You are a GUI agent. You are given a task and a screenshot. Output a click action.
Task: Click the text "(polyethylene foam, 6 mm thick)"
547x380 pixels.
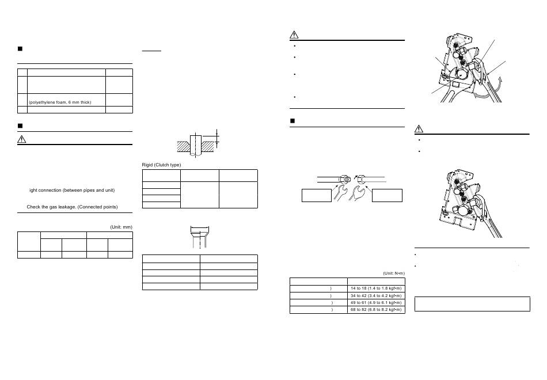click(x=60, y=102)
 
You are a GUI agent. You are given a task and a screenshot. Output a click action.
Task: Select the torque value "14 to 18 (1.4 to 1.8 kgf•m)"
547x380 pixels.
click(x=376, y=288)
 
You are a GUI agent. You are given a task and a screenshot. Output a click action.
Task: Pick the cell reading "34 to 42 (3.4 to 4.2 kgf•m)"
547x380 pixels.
click(x=376, y=295)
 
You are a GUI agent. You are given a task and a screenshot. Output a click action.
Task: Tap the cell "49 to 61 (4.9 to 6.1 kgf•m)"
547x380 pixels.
click(x=376, y=302)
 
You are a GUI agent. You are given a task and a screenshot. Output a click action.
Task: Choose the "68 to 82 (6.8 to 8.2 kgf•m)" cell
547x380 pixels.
click(x=376, y=310)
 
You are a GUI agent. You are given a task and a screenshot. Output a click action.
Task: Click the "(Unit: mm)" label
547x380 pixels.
click(x=121, y=227)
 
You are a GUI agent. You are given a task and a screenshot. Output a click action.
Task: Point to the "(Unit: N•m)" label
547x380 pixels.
click(x=394, y=273)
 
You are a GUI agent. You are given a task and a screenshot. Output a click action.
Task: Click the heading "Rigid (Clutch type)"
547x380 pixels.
click(x=161, y=165)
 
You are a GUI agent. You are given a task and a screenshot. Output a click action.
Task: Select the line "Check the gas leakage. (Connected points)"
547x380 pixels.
click(x=72, y=207)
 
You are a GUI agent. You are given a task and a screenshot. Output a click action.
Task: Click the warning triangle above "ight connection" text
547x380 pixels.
click(x=22, y=139)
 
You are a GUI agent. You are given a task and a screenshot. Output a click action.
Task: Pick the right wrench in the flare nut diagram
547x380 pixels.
click(x=356, y=193)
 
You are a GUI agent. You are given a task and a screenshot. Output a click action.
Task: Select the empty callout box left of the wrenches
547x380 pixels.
click(x=317, y=195)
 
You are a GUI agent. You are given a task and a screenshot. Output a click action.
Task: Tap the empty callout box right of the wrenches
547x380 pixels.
click(x=388, y=195)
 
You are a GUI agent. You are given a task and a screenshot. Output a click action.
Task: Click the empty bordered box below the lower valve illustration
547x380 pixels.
click(x=472, y=304)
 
